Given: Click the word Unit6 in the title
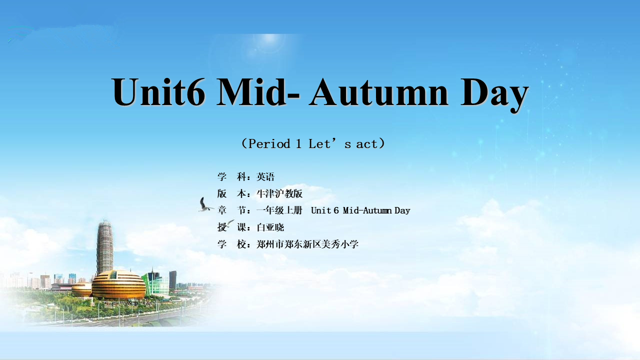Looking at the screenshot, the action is point(159,91).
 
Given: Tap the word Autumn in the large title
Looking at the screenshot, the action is point(378,91).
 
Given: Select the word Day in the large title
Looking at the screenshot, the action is point(494,94).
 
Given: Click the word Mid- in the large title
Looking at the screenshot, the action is point(258,91).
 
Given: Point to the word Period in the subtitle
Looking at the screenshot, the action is point(269,143).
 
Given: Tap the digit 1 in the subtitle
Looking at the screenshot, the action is point(298,143).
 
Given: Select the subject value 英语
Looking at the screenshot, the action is point(265,177).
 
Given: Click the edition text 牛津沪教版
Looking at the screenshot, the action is point(279,193).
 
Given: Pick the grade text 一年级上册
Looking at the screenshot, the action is point(279,210).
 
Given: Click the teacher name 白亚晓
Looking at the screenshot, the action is point(270,227).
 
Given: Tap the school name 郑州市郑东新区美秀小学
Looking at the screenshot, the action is point(307,244).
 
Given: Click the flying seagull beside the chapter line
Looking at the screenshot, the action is point(205,204).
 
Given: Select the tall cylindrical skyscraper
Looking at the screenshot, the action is point(105,246).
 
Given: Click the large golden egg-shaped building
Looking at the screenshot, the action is point(118,284).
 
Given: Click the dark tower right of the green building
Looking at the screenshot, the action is point(173,279).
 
